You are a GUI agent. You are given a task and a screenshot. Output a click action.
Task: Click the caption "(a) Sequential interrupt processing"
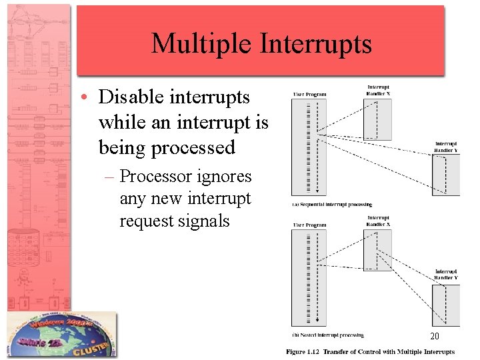331,204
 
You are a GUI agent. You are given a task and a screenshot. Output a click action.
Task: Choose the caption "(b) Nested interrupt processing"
328,335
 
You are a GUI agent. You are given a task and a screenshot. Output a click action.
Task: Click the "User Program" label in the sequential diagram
309,94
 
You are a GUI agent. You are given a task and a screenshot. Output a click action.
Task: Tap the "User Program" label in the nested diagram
309,225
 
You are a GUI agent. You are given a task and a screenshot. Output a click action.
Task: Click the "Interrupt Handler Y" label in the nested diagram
446,275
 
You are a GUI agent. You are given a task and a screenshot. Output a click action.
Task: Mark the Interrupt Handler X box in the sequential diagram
378,119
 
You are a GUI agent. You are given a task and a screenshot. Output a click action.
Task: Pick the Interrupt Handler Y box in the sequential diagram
445,175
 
